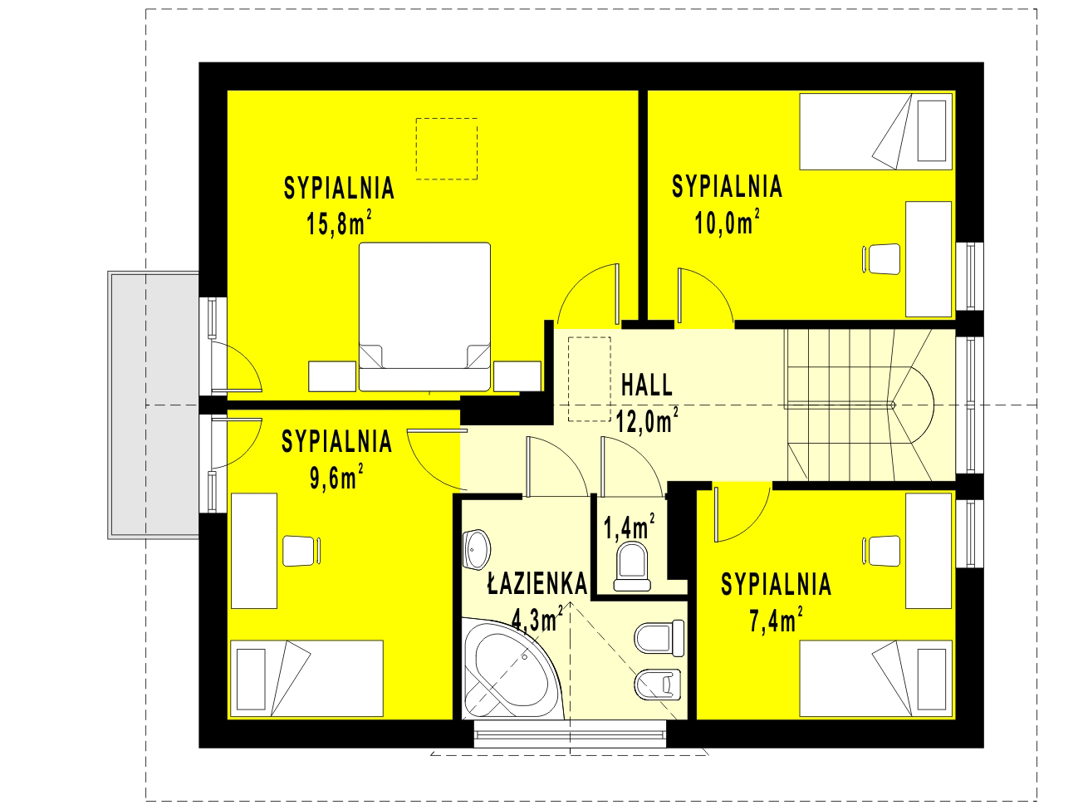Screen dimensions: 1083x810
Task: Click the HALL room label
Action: click(x=646, y=385)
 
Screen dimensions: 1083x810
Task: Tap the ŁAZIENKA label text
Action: click(x=537, y=583)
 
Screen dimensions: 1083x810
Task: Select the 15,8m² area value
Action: click(x=339, y=223)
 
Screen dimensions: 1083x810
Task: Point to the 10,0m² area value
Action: click(x=727, y=222)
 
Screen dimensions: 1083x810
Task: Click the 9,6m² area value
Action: click(x=336, y=476)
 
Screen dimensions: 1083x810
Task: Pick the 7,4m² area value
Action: click(x=776, y=620)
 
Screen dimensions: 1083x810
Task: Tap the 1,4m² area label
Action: click(x=629, y=527)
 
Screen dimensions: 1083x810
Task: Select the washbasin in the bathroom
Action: click(x=476, y=549)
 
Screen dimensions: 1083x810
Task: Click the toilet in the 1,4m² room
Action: click(x=632, y=567)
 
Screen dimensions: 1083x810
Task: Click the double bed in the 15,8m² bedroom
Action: click(x=424, y=317)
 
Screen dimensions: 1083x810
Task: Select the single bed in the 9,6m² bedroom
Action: click(x=307, y=678)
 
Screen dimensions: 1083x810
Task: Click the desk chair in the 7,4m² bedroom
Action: click(x=881, y=551)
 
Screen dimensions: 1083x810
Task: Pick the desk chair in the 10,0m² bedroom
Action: click(x=881, y=258)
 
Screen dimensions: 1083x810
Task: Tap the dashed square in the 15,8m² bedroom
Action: click(x=447, y=149)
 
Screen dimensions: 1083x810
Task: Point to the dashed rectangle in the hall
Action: click(x=590, y=379)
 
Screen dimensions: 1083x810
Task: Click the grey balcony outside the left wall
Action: click(x=154, y=405)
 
